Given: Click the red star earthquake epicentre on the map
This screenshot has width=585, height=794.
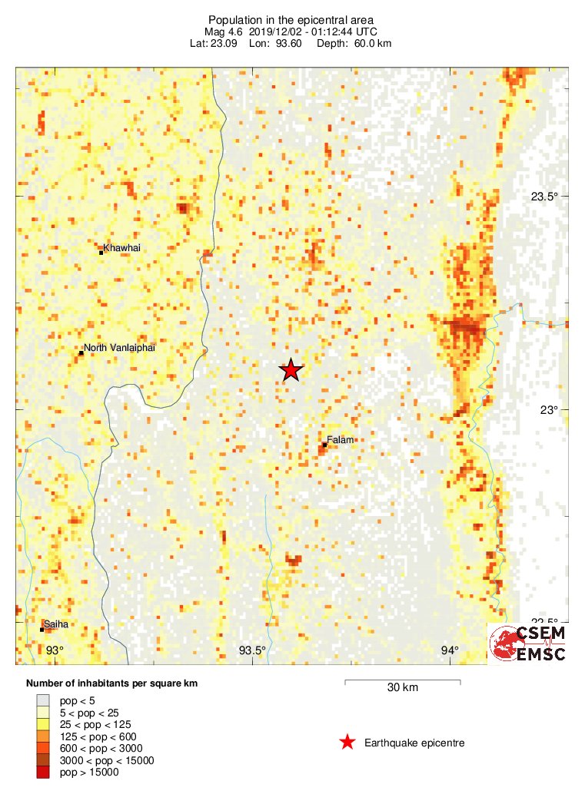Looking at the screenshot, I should click(291, 370).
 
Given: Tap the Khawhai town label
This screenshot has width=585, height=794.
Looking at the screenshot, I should click(122, 248).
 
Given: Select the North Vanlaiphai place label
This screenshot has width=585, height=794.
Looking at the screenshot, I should click(119, 348).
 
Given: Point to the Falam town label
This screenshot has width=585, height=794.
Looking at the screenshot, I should click(341, 439).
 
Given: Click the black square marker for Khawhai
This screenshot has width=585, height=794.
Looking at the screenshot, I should click(101, 252).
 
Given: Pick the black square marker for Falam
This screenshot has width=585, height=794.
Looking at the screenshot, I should click(325, 444).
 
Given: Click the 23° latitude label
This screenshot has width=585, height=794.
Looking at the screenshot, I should click(547, 410).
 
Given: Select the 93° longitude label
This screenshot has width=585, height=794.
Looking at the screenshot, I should click(53, 651).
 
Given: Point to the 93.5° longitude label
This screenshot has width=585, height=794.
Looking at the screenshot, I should click(252, 651).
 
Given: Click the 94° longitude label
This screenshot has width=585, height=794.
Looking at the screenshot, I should click(450, 651).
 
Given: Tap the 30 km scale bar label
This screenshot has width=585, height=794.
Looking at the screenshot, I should click(402, 688).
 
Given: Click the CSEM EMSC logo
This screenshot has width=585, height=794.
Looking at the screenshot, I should click(529, 643).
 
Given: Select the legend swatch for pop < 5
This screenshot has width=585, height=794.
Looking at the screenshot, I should click(43, 700).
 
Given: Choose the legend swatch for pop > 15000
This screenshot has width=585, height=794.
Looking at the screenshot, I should click(43, 772).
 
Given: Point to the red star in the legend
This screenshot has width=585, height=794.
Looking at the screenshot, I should click(347, 743).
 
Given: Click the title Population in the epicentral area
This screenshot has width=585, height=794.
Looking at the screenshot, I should click(291, 19).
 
